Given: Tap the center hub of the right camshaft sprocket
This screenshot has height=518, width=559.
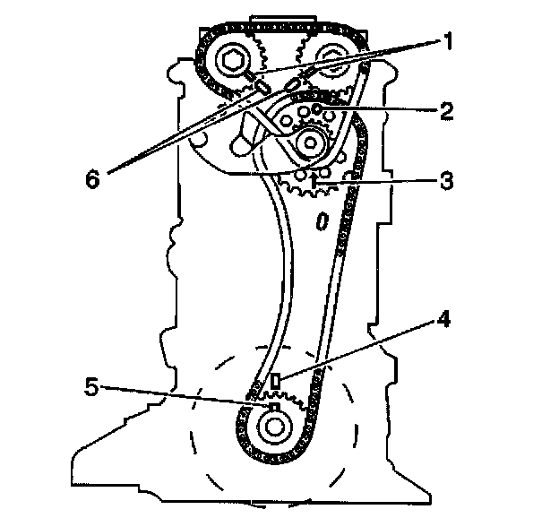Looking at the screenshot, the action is coord(331,62).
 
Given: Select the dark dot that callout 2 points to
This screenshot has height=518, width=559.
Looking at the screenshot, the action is coord(318,110).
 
